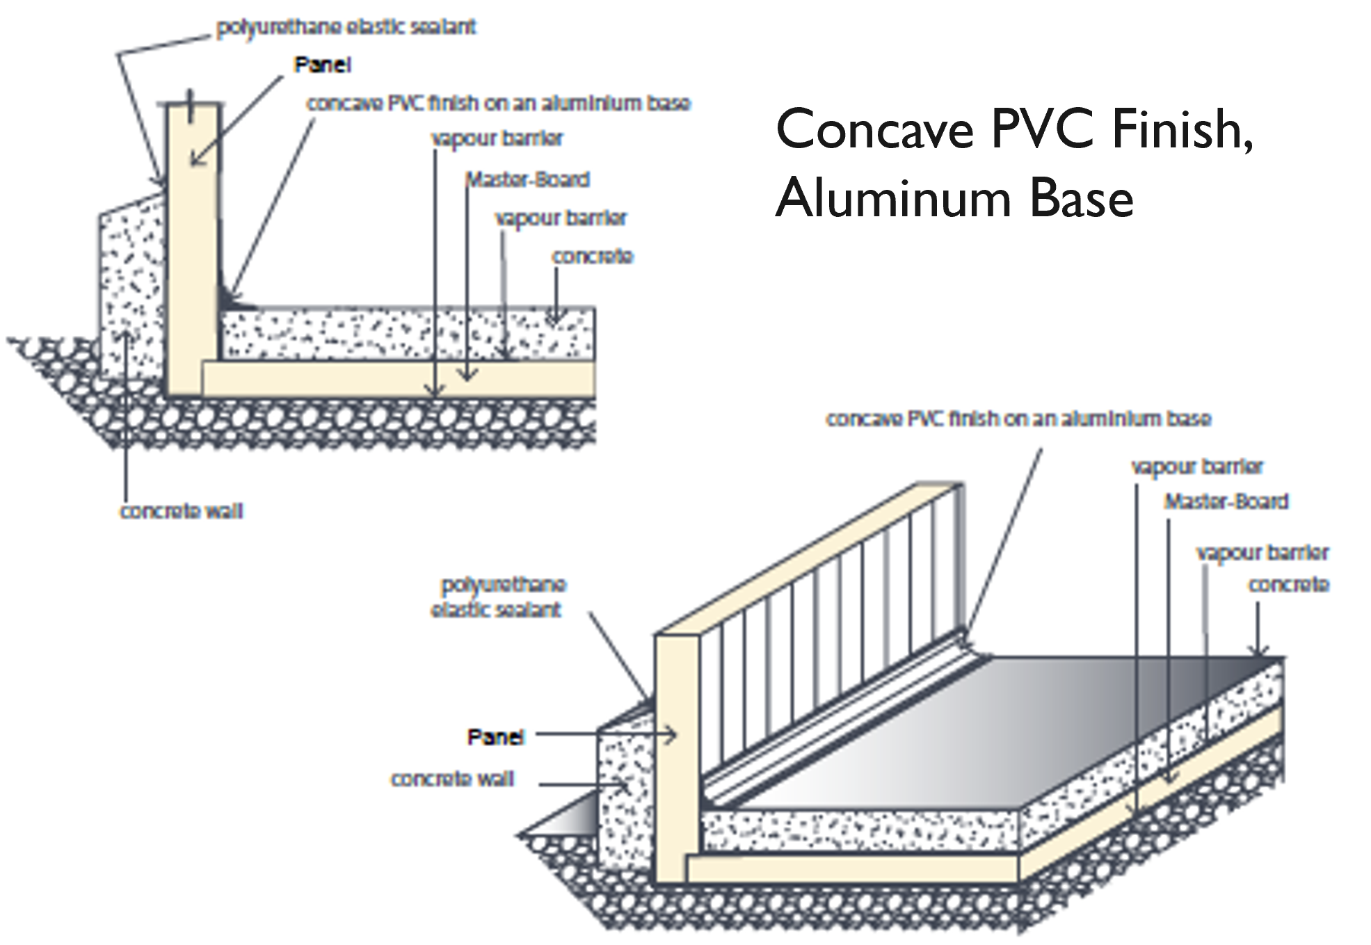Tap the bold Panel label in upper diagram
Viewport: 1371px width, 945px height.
(323, 65)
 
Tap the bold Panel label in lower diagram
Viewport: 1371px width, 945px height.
(495, 737)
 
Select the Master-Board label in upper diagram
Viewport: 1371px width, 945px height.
(528, 180)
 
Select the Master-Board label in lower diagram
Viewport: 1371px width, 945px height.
(1226, 502)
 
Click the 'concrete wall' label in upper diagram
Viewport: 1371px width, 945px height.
(182, 512)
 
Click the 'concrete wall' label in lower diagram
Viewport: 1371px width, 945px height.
(452, 779)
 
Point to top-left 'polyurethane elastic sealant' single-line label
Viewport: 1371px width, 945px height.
(346, 28)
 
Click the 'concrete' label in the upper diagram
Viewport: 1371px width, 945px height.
(592, 257)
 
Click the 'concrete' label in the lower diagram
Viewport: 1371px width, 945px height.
(1288, 585)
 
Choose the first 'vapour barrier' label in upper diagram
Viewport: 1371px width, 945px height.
(497, 139)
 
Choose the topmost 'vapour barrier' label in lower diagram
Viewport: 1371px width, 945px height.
(1196, 467)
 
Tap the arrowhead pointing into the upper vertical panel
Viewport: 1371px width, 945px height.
(195, 161)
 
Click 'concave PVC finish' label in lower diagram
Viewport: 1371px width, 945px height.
(1018, 419)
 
